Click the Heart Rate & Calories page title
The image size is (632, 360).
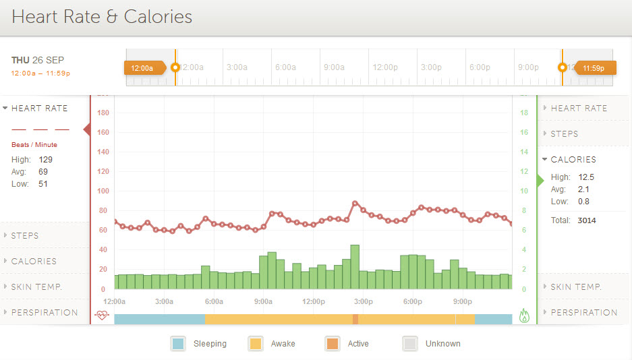[102, 17]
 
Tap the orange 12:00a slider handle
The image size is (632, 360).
[142, 67]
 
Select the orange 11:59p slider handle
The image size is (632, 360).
[594, 67]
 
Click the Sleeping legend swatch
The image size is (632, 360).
[178, 343]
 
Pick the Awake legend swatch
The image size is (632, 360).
[255, 343]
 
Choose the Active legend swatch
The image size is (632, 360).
[332, 343]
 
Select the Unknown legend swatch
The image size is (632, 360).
[409, 343]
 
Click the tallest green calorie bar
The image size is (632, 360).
[355, 266]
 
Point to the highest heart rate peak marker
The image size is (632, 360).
[355, 203]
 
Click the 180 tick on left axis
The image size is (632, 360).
[103, 113]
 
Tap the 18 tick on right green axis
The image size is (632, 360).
[524, 113]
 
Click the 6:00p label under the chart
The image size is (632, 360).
[413, 301]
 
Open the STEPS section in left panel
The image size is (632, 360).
[25, 236]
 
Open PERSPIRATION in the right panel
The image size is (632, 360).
[583, 312]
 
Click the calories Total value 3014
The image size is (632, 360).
[586, 220]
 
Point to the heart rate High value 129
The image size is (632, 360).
[45, 160]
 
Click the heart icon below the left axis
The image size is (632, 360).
[102, 315]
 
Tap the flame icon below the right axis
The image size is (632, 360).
[525, 315]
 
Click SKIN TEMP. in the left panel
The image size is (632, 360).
[36, 287]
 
